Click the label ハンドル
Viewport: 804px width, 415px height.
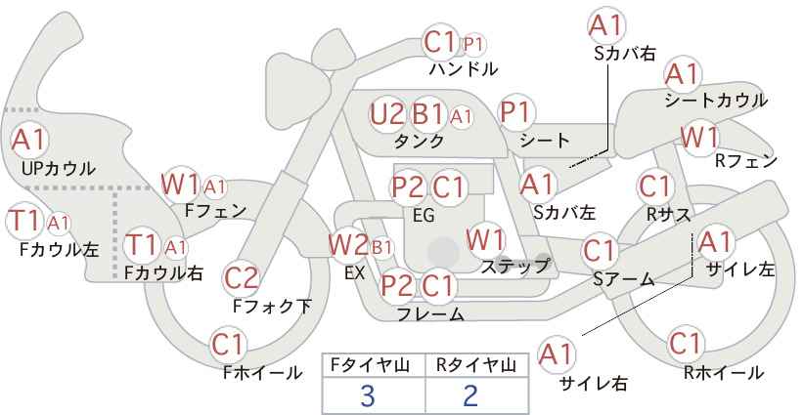[464, 69]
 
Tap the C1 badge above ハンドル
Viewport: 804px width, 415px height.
[441, 42]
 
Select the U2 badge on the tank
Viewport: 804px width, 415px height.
[387, 114]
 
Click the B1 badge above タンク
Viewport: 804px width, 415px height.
[428, 114]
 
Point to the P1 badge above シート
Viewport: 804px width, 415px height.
[515, 112]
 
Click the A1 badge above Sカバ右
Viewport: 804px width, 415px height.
[605, 25]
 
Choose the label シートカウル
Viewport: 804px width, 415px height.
[715, 101]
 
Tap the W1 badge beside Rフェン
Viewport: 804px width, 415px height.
[700, 137]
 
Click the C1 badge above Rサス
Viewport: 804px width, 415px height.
[654, 186]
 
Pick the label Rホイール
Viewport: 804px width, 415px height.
[724, 372]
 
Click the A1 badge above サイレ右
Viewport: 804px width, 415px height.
[558, 353]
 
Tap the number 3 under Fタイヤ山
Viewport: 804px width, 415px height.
[368, 395]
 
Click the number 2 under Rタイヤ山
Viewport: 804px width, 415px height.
[470, 395]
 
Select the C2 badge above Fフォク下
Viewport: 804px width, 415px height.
[241, 278]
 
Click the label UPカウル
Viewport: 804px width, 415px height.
[58, 168]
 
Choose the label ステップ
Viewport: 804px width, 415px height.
[515, 265]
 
